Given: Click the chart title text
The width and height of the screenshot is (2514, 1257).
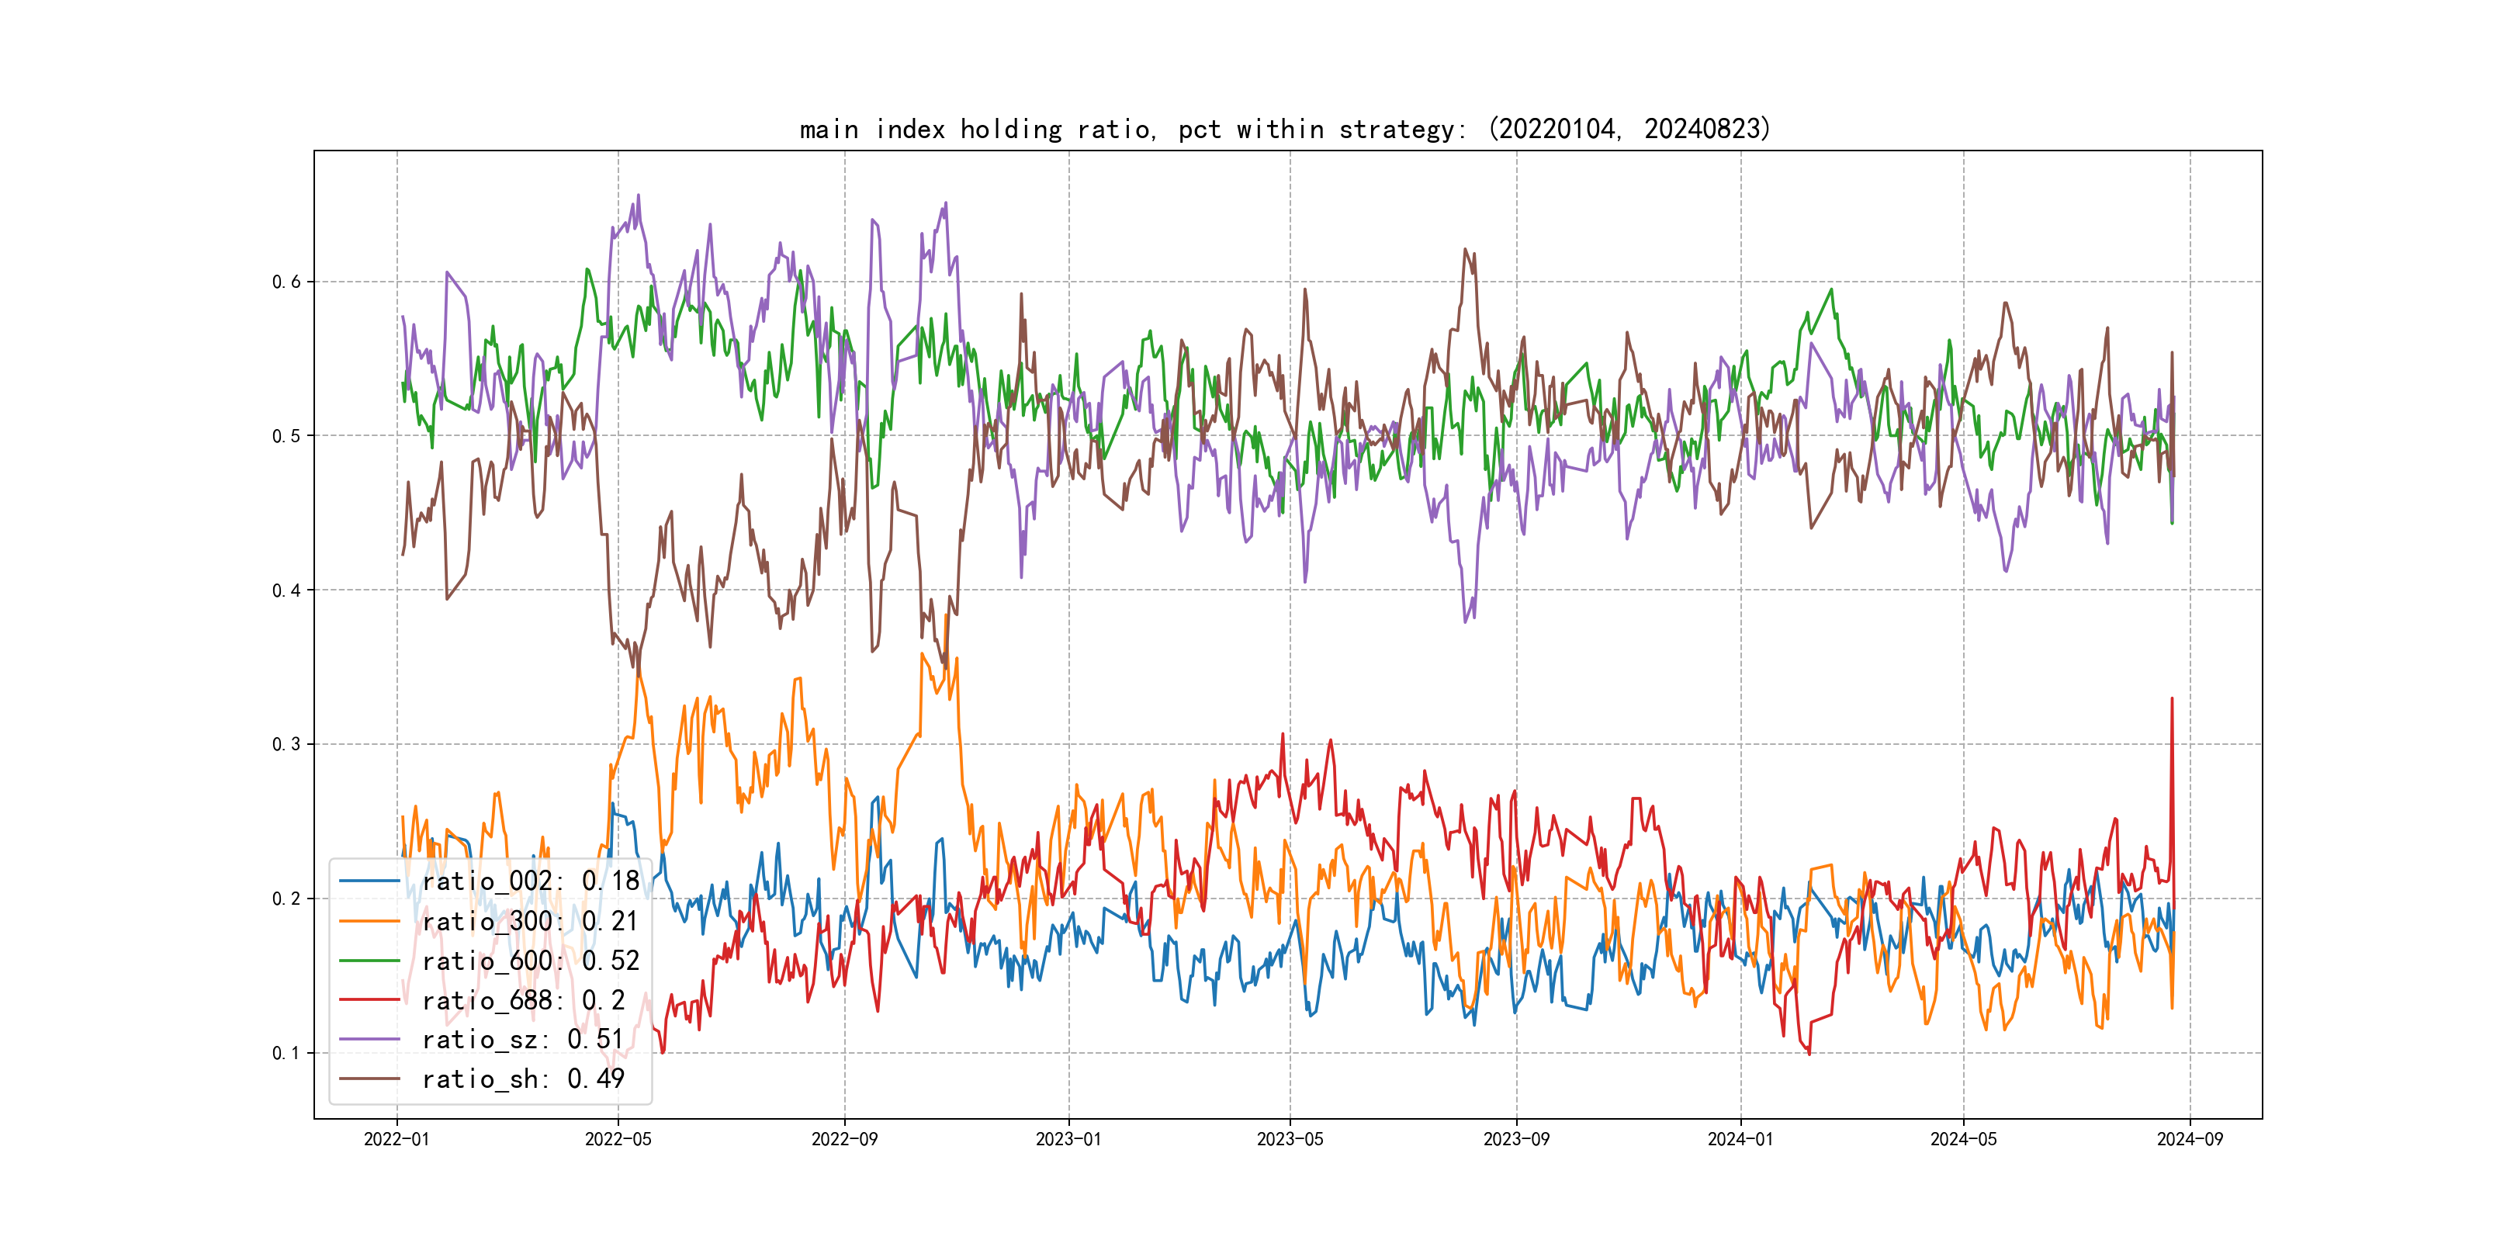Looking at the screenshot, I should [1284, 129].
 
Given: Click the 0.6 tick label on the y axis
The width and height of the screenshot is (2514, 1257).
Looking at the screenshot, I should [286, 282].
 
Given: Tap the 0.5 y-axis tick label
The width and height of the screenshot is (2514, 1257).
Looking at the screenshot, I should [286, 436].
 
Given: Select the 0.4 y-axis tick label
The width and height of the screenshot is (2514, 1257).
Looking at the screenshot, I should [286, 590].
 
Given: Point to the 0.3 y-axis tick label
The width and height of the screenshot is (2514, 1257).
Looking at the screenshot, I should [286, 745].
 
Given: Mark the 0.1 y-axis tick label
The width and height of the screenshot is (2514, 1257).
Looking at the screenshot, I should [286, 1053].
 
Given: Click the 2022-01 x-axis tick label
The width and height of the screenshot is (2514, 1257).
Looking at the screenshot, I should [396, 1139].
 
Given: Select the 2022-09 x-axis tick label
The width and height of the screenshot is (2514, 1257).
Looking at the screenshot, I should [844, 1139].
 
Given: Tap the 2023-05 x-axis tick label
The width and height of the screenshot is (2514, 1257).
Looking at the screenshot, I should [1290, 1139].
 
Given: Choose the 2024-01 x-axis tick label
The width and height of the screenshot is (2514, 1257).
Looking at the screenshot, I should [1740, 1139].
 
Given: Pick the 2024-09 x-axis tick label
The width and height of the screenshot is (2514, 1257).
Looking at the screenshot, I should [2190, 1139].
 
